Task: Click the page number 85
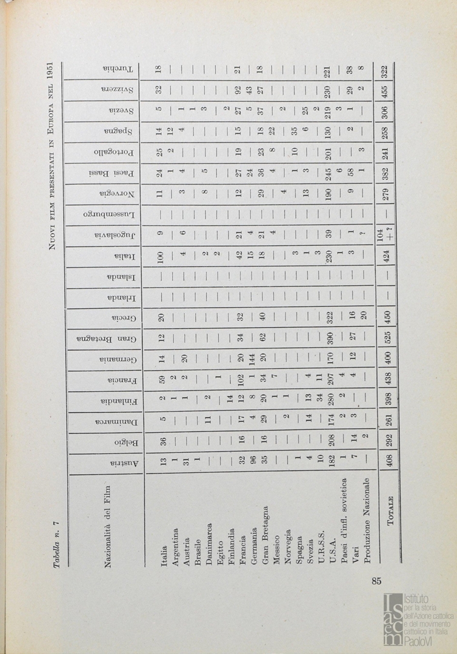[x=376, y=581]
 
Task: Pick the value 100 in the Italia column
[x=163, y=269]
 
